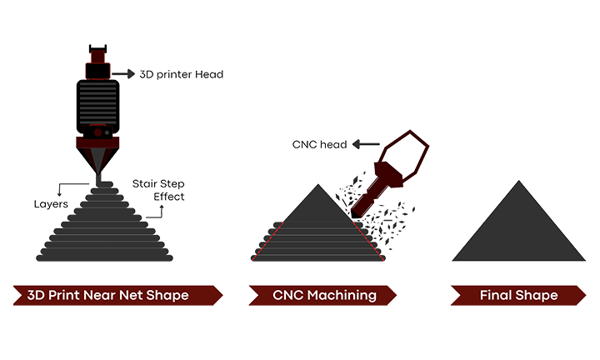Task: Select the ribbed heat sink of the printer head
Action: (x=98, y=103)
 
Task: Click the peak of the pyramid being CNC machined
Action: (x=317, y=187)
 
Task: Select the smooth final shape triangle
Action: (x=517, y=233)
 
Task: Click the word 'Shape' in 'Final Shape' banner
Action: (x=538, y=295)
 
